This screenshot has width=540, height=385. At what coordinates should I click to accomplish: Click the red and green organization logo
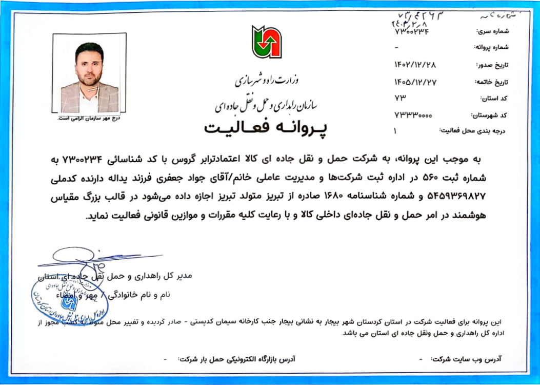click(267, 41)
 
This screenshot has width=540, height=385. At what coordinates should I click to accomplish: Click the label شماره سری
click(491, 31)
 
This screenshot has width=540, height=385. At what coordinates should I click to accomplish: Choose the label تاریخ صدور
click(491, 65)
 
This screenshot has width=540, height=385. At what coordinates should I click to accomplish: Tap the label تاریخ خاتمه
click(490, 82)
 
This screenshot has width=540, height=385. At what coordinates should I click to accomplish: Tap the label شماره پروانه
click(489, 48)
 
